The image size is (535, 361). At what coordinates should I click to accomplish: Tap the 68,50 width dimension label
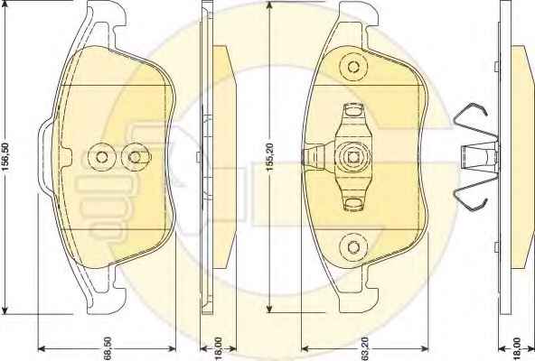[x=108, y=348]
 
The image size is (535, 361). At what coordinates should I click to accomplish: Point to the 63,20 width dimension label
[x=364, y=348]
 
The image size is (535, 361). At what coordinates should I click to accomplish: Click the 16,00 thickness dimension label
[x=219, y=348]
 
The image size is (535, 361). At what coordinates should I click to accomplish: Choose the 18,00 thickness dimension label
[x=517, y=348]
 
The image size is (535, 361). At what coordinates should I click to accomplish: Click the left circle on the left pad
[x=102, y=157]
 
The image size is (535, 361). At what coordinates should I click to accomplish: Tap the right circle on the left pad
[x=136, y=157]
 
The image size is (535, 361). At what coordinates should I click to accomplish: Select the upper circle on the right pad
[x=353, y=66]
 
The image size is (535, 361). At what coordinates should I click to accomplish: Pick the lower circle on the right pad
[x=353, y=247]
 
